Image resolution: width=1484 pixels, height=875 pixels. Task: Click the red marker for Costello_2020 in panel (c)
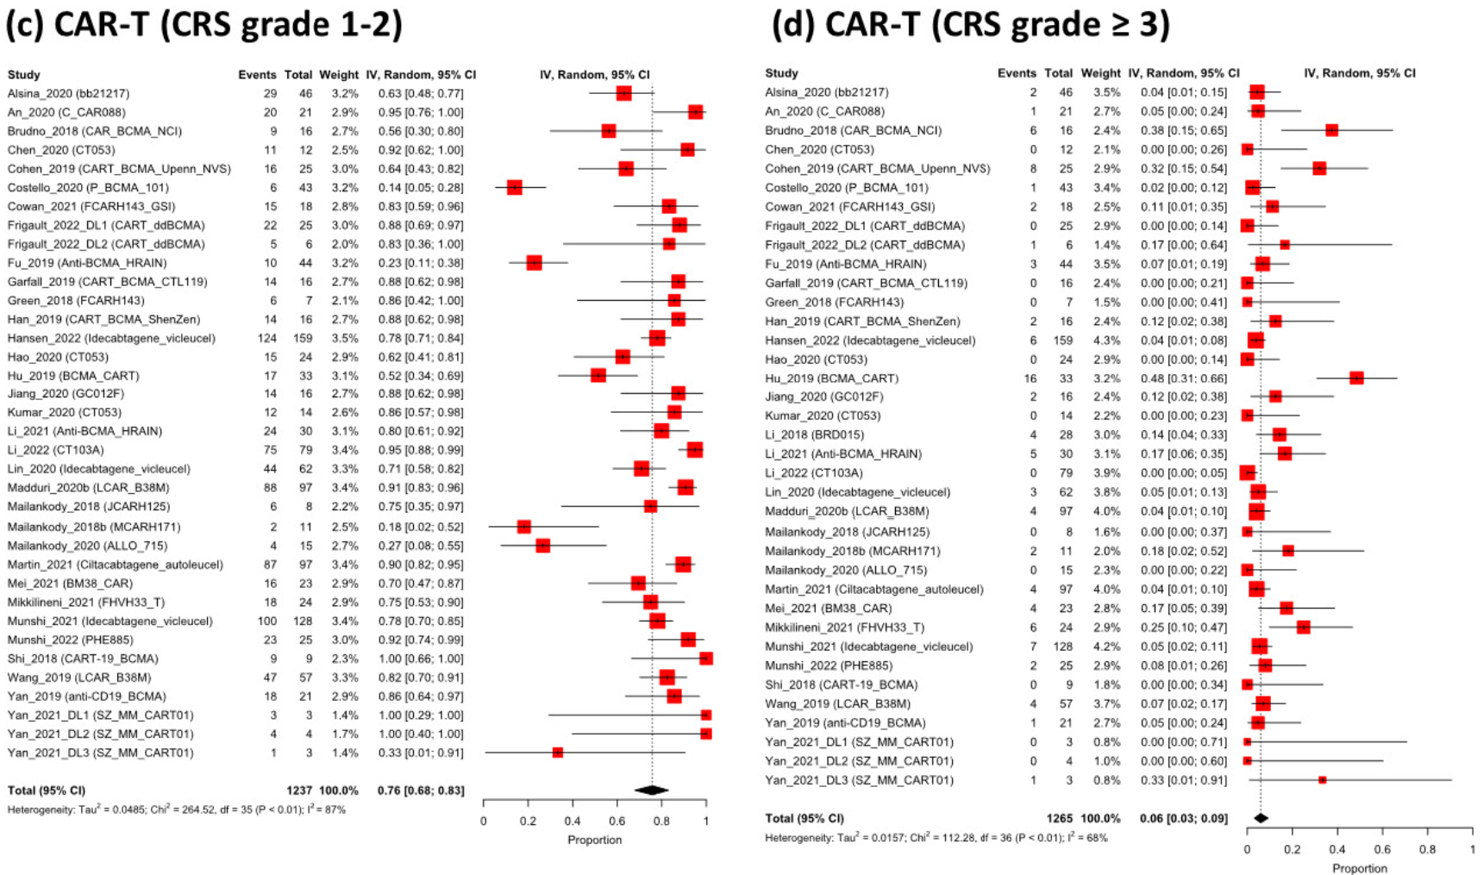click(515, 187)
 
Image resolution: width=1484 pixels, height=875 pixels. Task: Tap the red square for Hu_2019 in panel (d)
click(1356, 378)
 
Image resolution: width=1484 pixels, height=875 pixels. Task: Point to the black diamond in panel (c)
click(652, 790)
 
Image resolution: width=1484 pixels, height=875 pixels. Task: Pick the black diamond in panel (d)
click(1261, 818)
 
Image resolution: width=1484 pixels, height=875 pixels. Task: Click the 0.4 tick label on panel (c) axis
click(573, 822)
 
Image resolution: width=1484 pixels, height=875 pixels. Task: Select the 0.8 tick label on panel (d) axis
click(1428, 849)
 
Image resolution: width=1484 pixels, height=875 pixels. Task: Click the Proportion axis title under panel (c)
click(594, 840)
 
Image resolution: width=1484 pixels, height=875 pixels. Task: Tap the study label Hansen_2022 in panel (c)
click(111, 338)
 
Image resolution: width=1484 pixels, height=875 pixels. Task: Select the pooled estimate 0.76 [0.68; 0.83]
click(421, 791)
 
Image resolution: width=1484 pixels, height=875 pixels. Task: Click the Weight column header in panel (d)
click(1100, 73)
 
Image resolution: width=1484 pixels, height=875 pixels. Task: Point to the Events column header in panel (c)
click(257, 75)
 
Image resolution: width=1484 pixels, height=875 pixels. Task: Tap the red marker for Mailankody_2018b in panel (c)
click(523, 527)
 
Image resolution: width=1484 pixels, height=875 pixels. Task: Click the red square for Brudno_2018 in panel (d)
click(1332, 130)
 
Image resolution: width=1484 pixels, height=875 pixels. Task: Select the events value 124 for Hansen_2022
click(266, 338)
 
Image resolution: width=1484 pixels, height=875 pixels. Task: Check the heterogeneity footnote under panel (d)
click(936, 838)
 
